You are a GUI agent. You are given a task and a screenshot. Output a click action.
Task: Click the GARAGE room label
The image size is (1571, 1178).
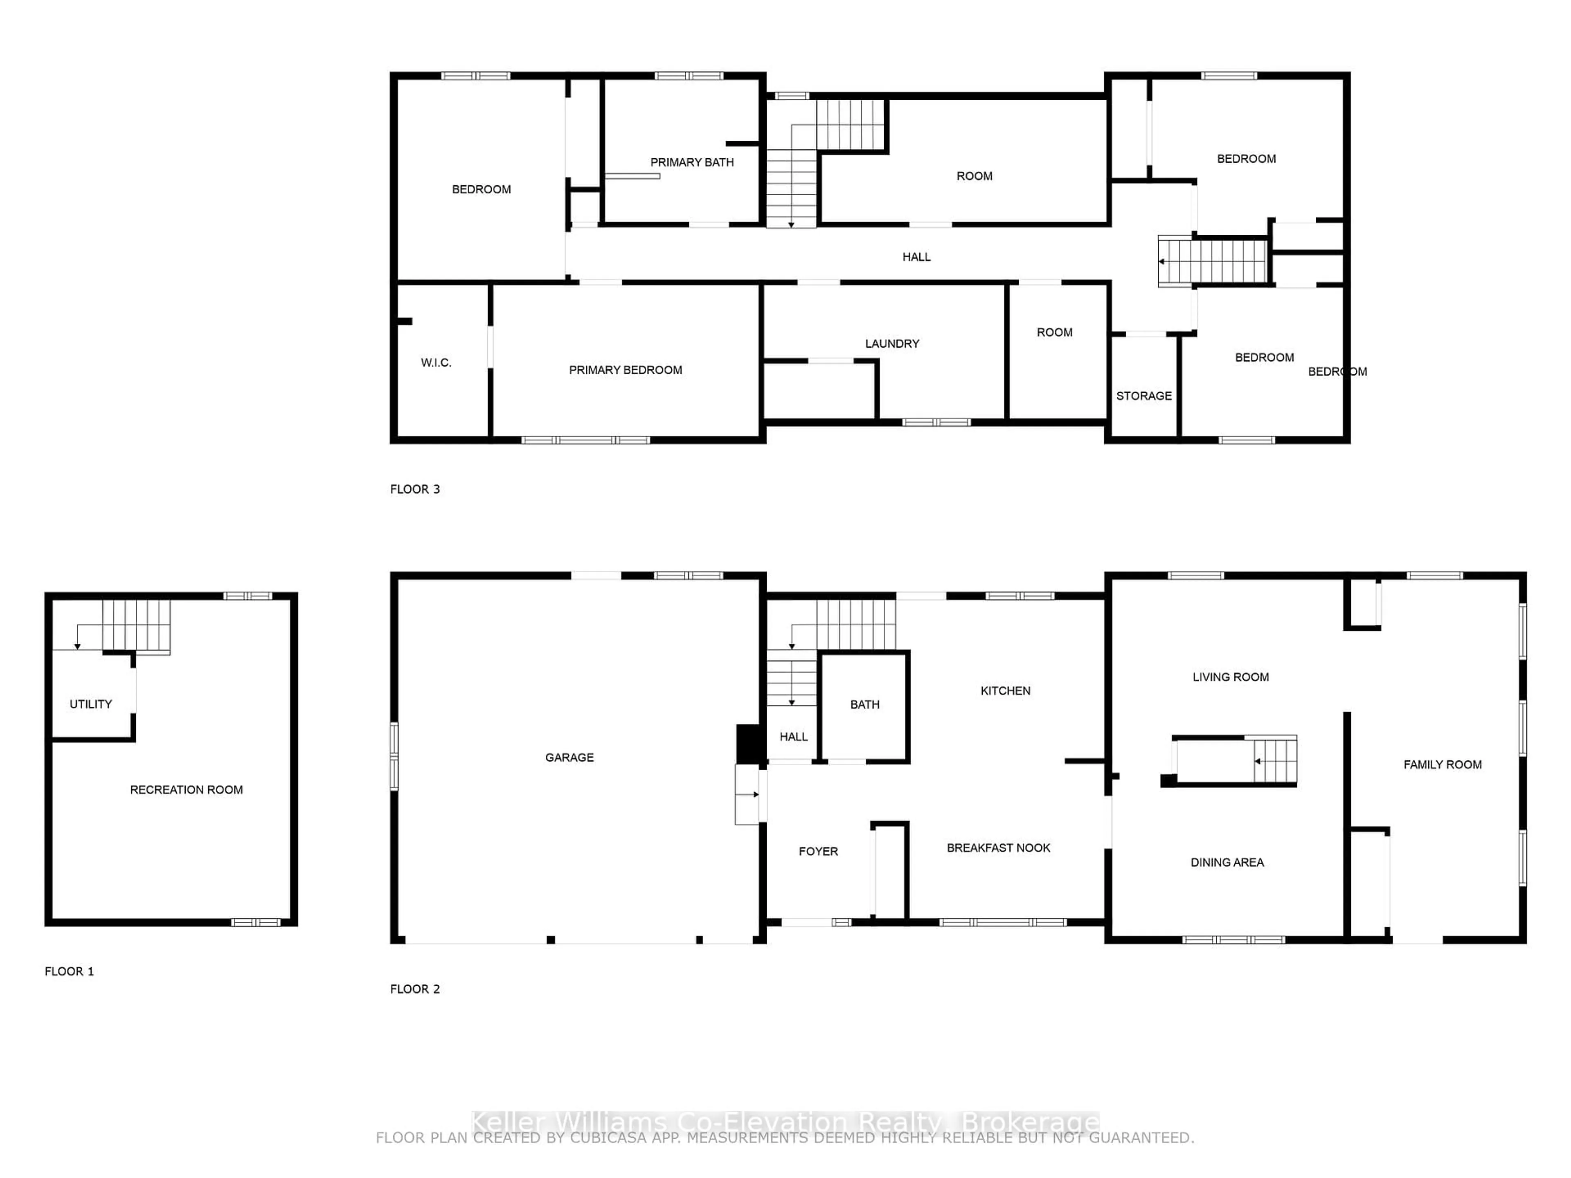pos(569,758)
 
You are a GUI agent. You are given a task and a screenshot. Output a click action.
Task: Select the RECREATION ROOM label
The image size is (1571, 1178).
pos(186,789)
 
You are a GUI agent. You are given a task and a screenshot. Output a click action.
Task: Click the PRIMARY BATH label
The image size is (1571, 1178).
pos(692,163)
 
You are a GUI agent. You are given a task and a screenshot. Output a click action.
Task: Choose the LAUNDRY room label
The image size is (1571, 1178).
pos(891,344)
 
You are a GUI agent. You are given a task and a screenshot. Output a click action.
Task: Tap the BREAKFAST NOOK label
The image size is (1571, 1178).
pos(998,848)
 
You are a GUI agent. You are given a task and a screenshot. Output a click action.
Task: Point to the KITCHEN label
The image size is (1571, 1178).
pos(1005,691)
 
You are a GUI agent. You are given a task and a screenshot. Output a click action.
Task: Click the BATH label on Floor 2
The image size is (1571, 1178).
pos(864,704)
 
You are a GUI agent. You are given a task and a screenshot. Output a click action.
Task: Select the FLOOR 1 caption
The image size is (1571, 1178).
pos(69,971)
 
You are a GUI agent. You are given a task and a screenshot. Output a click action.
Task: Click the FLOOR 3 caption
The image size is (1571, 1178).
pos(415,489)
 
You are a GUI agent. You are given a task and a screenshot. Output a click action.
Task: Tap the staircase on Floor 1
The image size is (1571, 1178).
pos(136,625)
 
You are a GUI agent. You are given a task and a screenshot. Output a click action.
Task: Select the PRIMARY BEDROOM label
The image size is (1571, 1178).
pos(625,370)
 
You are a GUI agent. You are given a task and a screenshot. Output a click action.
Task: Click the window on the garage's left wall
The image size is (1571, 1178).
pos(394,756)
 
